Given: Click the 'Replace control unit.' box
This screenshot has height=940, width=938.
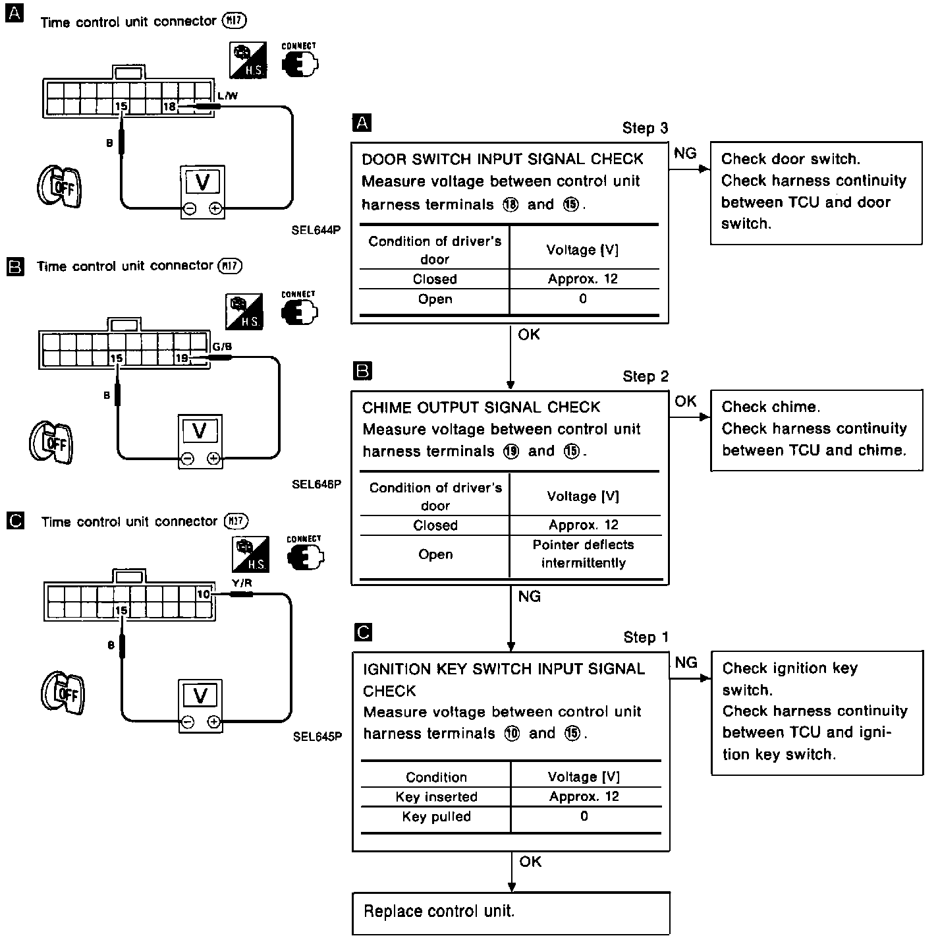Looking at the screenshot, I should [x=511, y=912].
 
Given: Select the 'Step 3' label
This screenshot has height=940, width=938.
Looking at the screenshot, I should [x=645, y=128].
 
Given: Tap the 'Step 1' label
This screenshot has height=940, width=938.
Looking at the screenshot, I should [x=646, y=637].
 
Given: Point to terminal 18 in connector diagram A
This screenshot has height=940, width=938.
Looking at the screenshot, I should [x=169, y=106].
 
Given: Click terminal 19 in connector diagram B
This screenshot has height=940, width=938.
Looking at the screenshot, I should [x=182, y=358].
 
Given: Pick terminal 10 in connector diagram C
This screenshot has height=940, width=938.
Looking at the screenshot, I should [x=203, y=594].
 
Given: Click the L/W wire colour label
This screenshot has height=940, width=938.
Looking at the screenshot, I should [x=227, y=96].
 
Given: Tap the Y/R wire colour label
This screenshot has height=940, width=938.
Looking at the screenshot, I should [x=242, y=582].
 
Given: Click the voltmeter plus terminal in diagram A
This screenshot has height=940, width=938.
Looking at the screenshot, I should [x=215, y=209].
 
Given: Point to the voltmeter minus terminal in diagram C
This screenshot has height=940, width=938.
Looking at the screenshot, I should [x=188, y=722].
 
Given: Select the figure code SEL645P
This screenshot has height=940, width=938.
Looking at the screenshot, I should [x=317, y=736].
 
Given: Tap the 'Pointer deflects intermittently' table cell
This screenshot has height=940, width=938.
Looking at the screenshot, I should [x=584, y=554].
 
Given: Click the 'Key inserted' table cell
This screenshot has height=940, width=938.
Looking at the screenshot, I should [x=436, y=796].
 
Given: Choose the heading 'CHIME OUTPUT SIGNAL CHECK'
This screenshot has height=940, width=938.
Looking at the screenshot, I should [x=481, y=407].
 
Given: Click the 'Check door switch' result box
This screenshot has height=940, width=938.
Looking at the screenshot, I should [x=815, y=192].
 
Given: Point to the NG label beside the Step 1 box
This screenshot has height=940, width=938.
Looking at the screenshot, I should [x=686, y=662].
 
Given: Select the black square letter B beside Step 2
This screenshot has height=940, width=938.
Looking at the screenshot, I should [x=363, y=370].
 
